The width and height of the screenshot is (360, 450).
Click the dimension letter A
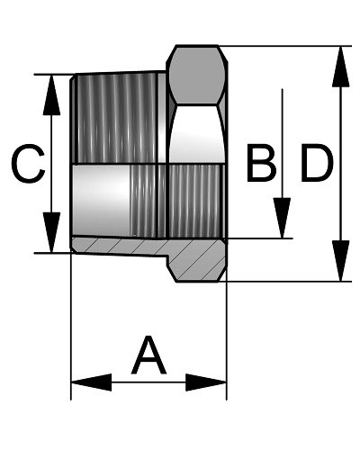pos(148,355)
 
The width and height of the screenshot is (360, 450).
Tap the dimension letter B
pos(261,163)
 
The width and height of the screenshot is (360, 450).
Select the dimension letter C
pos(28,164)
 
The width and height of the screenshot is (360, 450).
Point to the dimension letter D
pos(317,163)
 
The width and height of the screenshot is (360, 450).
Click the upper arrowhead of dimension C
pos(51,95)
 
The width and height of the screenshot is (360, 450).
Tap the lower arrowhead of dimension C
pos(51,232)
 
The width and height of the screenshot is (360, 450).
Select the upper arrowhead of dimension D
pos(340,67)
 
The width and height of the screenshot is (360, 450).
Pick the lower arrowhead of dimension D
pos(340,260)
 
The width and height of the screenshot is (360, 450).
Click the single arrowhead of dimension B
pos(282,218)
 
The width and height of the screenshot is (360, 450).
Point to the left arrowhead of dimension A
pos(91,382)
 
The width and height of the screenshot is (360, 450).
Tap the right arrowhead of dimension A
pos(206,382)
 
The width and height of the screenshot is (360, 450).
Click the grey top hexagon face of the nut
pos(197,75)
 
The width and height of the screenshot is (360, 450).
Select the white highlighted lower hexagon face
pos(197,134)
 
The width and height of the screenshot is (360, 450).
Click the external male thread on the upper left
pos(118,119)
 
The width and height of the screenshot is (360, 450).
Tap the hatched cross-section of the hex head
pos(196,260)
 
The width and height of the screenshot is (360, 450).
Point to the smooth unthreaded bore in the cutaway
pos(102,201)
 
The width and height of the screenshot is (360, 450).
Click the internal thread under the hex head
pos(196,201)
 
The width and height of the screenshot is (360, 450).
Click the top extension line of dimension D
pos(284,46)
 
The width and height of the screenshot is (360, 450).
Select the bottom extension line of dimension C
pos(54,253)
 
